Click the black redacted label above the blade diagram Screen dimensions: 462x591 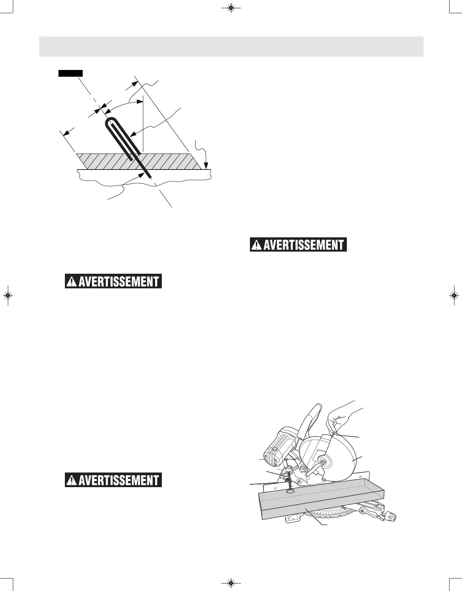(71, 73)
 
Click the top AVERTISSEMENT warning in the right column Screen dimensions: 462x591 (298, 245)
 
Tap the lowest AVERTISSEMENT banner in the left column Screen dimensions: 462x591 (113, 480)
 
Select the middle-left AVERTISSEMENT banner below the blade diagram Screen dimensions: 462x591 (113, 281)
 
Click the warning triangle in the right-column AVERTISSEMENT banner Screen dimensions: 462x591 (256, 245)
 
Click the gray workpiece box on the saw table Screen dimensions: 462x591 (321, 503)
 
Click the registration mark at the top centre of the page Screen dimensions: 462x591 (231, 7)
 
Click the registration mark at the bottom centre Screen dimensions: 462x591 (231, 583)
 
